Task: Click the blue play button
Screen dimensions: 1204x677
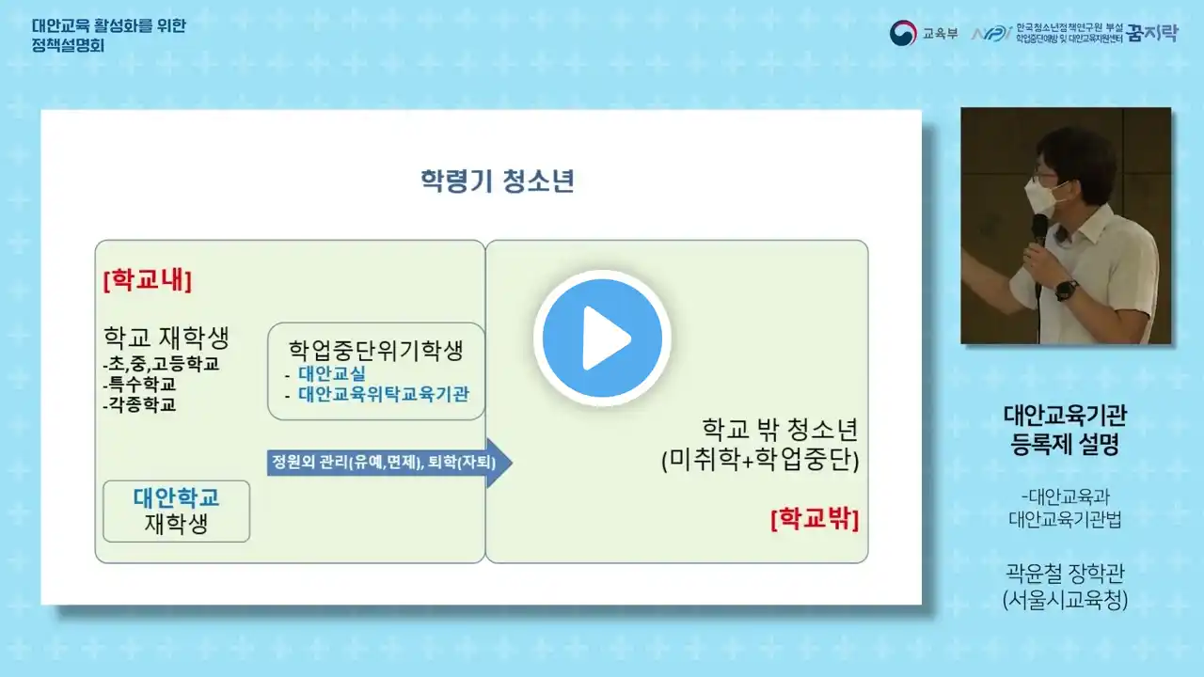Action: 602,338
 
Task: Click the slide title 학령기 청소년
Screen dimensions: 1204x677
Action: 498,181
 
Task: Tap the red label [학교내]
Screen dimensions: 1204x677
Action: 148,280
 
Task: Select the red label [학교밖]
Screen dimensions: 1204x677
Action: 815,519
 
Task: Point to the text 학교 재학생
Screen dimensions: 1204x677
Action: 166,338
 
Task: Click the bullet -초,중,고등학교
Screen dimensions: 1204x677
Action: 161,364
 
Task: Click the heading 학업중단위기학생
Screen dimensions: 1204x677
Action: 375,350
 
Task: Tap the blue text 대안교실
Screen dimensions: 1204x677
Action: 332,373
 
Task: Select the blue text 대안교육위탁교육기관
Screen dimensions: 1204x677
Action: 384,394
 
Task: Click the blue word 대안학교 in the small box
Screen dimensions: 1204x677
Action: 176,497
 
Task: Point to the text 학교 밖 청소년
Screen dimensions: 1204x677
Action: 780,429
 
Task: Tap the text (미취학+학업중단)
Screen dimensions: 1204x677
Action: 760,460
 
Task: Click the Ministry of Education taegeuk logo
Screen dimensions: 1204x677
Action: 903,33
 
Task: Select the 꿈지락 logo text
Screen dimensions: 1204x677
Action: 1152,33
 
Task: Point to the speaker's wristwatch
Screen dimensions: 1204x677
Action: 1066,291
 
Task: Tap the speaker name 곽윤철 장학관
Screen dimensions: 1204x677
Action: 1065,574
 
